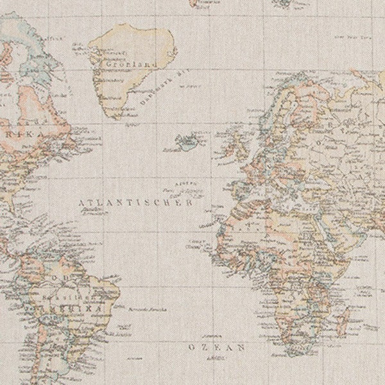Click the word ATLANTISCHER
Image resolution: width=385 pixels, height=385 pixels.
coord(134,202)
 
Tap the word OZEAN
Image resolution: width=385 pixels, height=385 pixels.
coord(217,347)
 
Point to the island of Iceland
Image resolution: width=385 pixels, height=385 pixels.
coord(187,141)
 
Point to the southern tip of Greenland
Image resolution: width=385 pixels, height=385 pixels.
coord(114,117)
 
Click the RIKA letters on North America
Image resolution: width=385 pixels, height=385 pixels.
coord(29,134)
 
